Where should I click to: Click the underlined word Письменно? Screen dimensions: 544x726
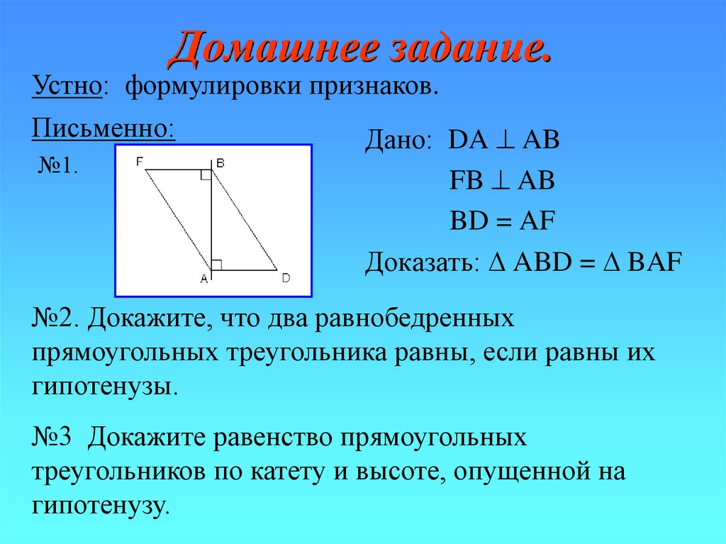pos(102,128)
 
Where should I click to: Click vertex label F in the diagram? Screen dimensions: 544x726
pos(140,162)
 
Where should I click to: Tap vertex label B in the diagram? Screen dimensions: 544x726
pos(220,162)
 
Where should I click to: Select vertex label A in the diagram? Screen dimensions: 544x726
pos(203,279)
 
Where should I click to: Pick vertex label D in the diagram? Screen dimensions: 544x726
pos(286,278)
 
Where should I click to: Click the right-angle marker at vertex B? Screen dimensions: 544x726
pos(206,175)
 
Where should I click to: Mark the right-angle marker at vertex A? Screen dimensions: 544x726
pos(217,265)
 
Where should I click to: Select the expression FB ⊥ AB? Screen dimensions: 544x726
pos(502,181)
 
